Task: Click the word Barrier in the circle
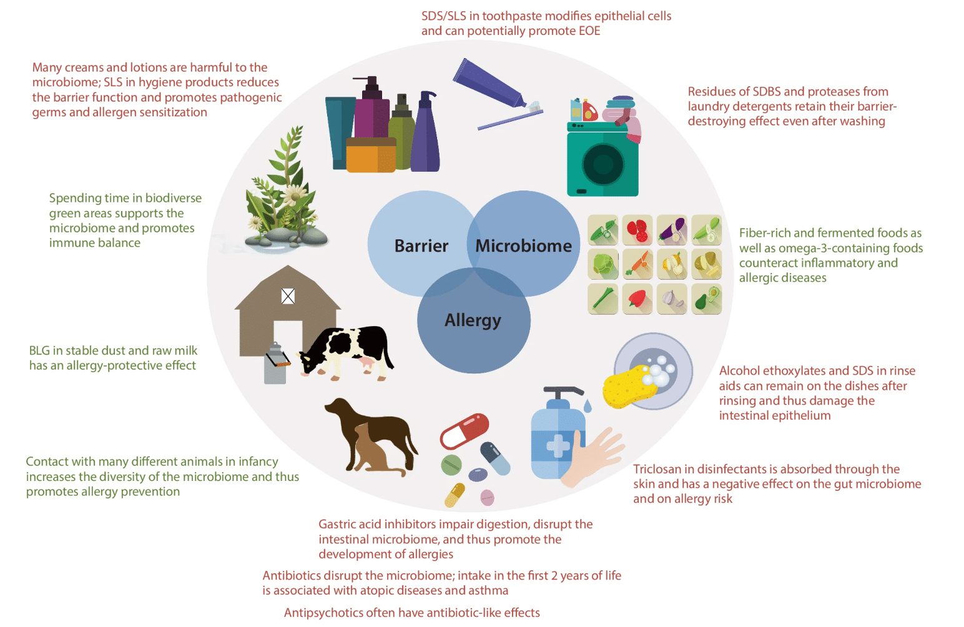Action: coord(421,245)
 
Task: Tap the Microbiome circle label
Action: coord(523,245)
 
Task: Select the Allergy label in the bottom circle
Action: coord(473,320)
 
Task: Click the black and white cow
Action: coord(347,352)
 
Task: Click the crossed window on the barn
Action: coord(288,296)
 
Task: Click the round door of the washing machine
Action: coord(602,164)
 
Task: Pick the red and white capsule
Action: coord(465,431)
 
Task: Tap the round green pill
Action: coord(451,465)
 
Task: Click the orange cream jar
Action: coord(371,155)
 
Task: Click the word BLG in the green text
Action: coord(39,351)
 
